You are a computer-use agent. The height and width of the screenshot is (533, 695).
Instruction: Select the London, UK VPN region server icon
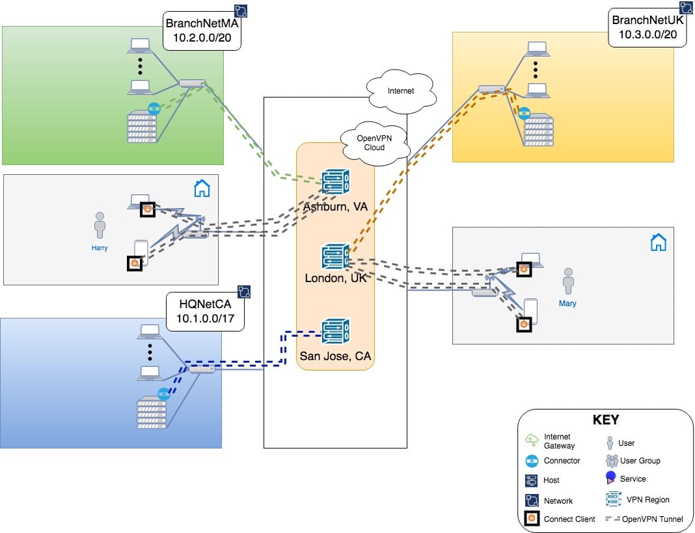tap(336, 257)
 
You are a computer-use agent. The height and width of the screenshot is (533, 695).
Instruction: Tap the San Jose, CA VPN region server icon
tap(336, 331)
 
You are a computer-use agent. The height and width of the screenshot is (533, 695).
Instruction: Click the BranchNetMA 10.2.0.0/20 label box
tap(202, 31)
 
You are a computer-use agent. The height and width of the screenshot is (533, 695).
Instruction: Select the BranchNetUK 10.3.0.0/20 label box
tap(648, 28)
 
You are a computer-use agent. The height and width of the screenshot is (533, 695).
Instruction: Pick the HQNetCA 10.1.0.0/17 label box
tap(205, 310)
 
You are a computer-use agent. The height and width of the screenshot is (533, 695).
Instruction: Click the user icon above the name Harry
tap(100, 225)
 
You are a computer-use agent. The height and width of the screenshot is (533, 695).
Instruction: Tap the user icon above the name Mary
tap(569, 281)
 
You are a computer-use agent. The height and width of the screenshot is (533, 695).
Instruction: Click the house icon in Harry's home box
tap(202, 188)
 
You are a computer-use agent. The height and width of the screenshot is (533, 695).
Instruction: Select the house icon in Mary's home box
tap(659, 242)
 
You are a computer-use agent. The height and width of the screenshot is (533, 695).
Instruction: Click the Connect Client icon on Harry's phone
tap(135, 263)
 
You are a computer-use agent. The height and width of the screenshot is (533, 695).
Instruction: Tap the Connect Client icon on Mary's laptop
tap(523, 268)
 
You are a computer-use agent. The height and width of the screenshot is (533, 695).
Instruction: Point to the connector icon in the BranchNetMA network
tap(154, 109)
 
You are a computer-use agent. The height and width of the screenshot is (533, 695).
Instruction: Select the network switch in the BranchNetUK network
tap(491, 89)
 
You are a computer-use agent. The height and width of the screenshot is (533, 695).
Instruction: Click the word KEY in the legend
tap(605, 420)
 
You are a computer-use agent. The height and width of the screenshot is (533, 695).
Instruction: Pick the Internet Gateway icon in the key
tap(532, 441)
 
